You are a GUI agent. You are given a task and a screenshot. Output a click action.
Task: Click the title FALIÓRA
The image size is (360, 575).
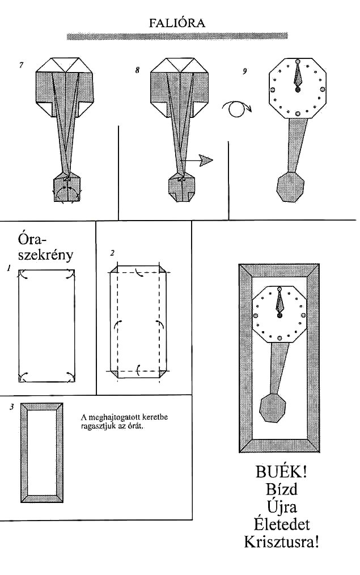click(x=177, y=23)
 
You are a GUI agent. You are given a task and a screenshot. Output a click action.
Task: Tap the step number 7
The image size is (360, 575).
click(x=22, y=65)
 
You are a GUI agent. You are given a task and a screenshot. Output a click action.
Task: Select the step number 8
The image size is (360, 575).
click(x=137, y=70)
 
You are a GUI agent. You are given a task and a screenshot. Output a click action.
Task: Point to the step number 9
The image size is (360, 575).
click(x=244, y=71)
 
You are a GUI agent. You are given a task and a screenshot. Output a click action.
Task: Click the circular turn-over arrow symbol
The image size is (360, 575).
click(x=237, y=108)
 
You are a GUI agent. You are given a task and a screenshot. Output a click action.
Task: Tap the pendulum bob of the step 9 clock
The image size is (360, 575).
click(x=290, y=187)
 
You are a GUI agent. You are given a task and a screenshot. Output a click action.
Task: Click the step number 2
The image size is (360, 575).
click(x=112, y=253)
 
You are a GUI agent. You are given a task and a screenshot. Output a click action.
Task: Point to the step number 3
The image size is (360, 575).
click(x=12, y=407)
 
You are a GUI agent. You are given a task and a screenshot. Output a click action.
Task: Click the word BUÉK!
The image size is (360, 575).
click(x=281, y=472)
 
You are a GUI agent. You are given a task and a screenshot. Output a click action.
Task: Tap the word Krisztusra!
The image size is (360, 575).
click(x=281, y=542)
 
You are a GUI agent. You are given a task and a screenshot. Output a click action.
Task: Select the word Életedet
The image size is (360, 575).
click(x=281, y=524)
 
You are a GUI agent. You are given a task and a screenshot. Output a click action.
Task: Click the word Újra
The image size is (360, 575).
click(x=282, y=507)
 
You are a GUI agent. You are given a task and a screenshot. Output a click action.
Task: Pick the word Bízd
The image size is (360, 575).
click(x=282, y=489)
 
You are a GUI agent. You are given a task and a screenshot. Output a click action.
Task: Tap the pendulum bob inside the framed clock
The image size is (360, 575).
click(x=272, y=408)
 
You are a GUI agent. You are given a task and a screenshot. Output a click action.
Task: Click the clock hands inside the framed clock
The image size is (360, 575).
click(x=280, y=303)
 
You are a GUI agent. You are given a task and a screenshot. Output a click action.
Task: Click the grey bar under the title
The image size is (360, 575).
click(x=177, y=36)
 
